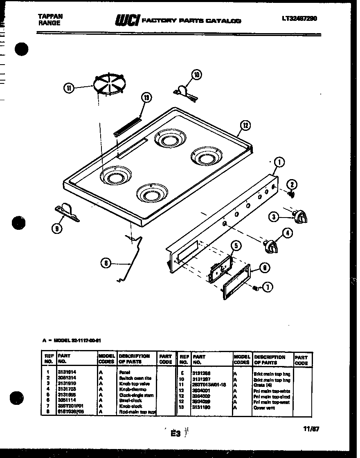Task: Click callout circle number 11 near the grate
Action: pyautogui.click(x=69, y=88)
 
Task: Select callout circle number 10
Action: pyautogui.click(x=197, y=74)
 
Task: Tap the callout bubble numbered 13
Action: pyautogui.click(x=146, y=97)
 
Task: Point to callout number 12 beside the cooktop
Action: pyautogui.click(x=245, y=126)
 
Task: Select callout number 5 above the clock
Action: pyautogui.click(x=235, y=246)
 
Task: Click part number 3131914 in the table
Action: pyautogui.click(x=67, y=372)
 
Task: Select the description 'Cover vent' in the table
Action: pyautogui.click(x=265, y=407)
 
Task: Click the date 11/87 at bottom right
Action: pyautogui.click(x=312, y=429)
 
